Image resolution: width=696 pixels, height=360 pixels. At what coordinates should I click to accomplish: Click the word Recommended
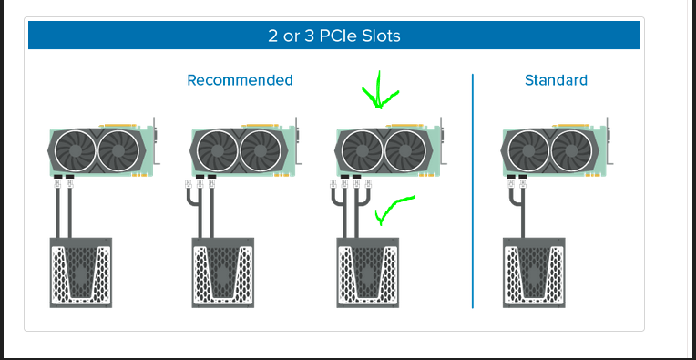point(240,80)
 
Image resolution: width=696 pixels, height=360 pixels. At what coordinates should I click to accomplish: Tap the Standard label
point(556,80)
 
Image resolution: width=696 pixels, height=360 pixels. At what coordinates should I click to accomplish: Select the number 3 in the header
point(309,36)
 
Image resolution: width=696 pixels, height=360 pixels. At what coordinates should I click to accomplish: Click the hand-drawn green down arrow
point(379,91)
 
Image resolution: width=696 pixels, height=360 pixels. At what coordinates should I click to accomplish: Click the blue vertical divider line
point(473,190)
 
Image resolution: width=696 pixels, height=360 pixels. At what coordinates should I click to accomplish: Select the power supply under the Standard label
point(534,273)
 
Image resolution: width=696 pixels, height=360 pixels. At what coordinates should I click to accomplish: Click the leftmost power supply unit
point(81,273)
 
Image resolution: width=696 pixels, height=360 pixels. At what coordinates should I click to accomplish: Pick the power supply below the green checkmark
point(367,273)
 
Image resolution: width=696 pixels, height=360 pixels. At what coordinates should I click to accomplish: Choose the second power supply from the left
point(223,273)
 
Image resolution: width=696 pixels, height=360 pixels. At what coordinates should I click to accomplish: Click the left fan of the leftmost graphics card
point(75,151)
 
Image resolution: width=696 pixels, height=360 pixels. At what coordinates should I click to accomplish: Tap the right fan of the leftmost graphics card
point(118,151)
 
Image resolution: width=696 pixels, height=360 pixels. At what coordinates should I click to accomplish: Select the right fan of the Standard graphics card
point(572,151)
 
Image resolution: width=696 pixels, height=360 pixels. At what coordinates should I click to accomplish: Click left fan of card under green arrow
point(363,151)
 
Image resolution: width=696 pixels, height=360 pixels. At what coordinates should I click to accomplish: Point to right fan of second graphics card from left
point(261,151)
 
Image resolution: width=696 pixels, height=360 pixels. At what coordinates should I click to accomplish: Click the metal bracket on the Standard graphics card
point(609,141)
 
